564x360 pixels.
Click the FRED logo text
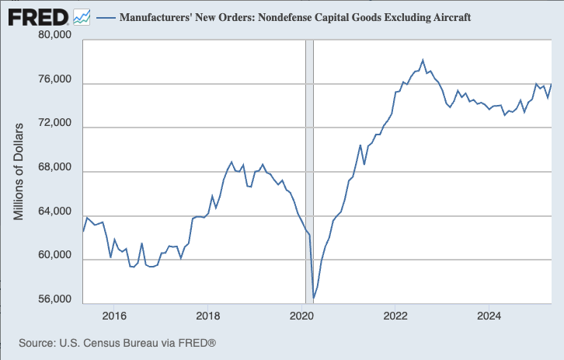37,16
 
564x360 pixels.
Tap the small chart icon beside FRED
81,16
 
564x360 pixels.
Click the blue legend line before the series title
105,16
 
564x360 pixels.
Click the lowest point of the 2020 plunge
313,298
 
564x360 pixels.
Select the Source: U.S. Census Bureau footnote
117,343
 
